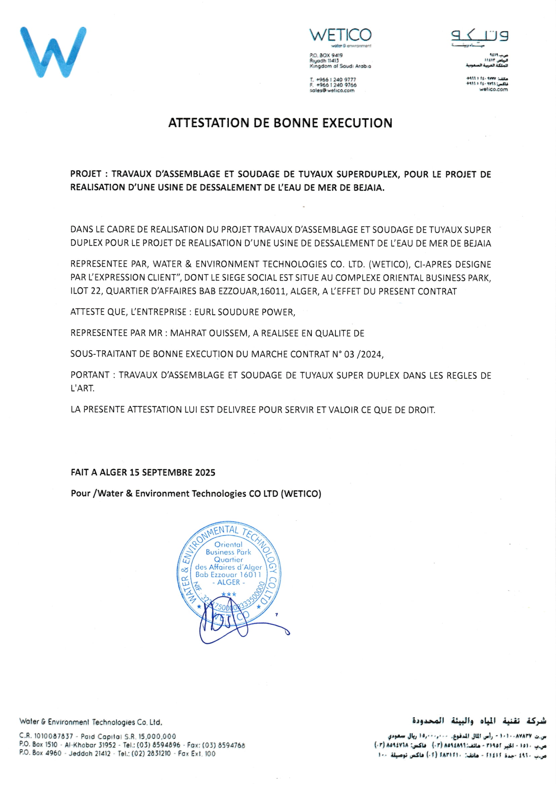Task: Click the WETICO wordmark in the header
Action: (340, 36)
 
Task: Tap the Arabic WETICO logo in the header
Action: (480, 36)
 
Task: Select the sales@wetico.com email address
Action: (332, 91)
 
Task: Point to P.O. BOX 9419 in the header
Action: (326, 55)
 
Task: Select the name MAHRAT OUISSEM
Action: (209, 333)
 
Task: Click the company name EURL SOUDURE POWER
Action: (244, 312)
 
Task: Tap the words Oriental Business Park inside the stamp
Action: (228, 548)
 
